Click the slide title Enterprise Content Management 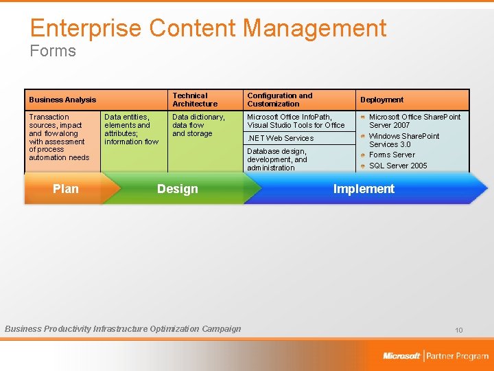pyautogui.click(x=208, y=28)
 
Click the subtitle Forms pyautogui.click(x=53, y=51)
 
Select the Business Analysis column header pyautogui.click(x=62, y=100)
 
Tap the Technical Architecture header pyautogui.click(x=195, y=100)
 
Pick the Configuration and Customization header pyautogui.click(x=279, y=100)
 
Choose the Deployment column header pyautogui.click(x=382, y=100)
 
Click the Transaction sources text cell pyautogui.click(x=59, y=137)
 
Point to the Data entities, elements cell pyautogui.click(x=131, y=129)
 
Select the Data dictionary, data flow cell pyautogui.click(x=198, y=125)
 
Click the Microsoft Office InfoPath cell pyautogui.click(x=296, y=121)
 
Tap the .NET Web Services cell pyautogui.click(x=280, y=138)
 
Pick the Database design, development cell pyautogui.click(x=277, y=159)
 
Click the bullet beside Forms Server pyautogui.click(x=363, y=155)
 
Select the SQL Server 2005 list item pyautogui.click(x=398, y=166)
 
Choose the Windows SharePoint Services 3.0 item pyautogui.click(x=404, y=140)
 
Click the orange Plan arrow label pyautogui.click(x=66, y=189)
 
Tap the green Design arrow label pyautogui.click(x=177, y=189)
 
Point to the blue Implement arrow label pyautogui.click(x=364, y=189)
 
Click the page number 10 pyautogui.click(x=458, y=330)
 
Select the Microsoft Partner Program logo pyautogui.click(x=436, y=356)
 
